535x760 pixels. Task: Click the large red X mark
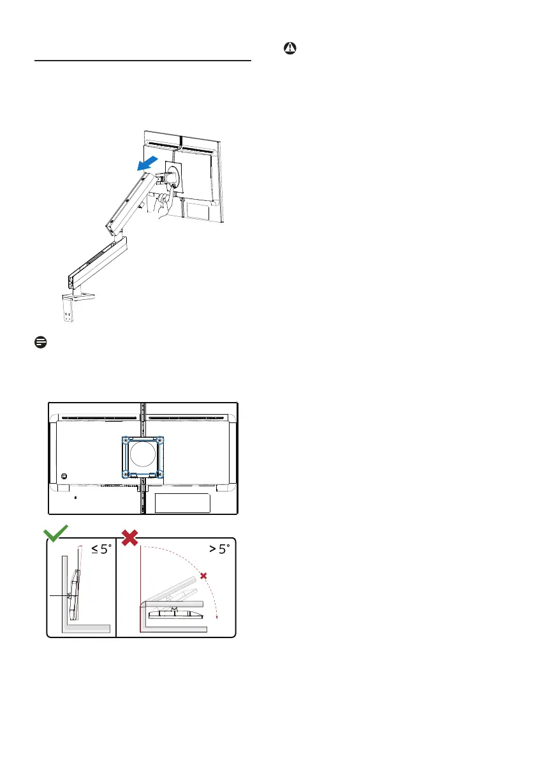[x=130, y=535]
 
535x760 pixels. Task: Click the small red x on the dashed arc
[x=203, y=576]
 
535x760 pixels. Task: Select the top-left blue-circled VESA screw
[x=126, y=440]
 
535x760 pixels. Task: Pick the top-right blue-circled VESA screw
[x=161, y=440]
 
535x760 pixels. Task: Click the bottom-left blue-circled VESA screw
[x=126, y=473]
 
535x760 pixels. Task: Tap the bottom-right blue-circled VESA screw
[x=161, y=473]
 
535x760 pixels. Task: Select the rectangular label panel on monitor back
[x=182, y=503]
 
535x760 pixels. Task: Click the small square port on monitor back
[x=64, y=475]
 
